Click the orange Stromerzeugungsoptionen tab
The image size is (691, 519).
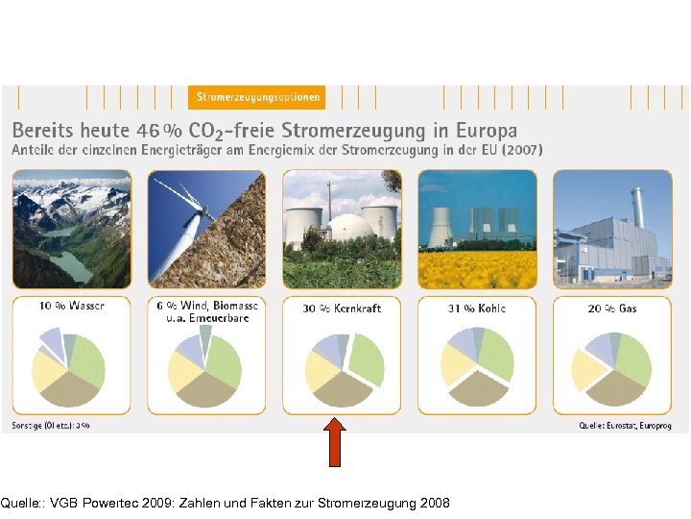coord(257,97)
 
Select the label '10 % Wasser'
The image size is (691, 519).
coord(72,307)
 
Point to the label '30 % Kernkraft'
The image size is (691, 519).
coord(343,309)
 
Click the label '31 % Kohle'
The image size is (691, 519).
coord(477,309)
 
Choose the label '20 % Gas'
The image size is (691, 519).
coord(612,309)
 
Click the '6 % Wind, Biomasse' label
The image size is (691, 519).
coord(206,307)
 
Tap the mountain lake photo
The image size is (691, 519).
coord(72,229)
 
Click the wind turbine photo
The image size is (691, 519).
coord(207,229)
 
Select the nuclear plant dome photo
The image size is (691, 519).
coord(343,229)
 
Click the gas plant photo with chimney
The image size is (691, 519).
coord(612,229)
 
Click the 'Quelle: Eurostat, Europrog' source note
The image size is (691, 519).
coord(624,424)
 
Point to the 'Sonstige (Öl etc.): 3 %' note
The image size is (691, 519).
coord(52,424)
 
